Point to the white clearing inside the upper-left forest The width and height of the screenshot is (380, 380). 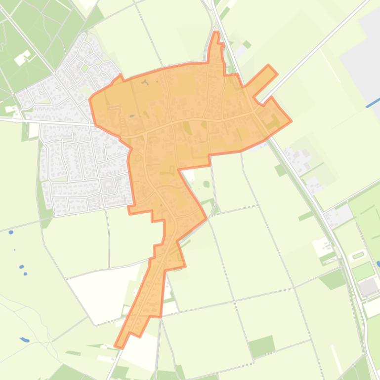22,59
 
